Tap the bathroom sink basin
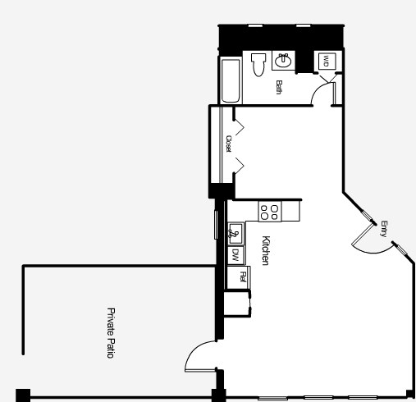pyautogui.click(x=285, y=60)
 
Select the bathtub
pyautogui.click(x=230, y=80)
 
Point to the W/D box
pyautogui.click(x=326, y=62)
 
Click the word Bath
pyautogui.click(x=279, y=87)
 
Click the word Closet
pyautogui.click(x=228, y=144)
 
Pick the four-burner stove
pyautogui.click(x=269, y=211)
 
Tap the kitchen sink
pyautogui.click(x=235, y=232)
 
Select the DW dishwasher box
pyautogui.click(x=235, y=255)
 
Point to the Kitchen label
pyautogui.click(x=266, y=250)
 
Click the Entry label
pyautogui.click(x=383, y=230)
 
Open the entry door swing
pyautogui.click(x=365, y=238)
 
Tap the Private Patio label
pyautogui.click(x=110, y=332)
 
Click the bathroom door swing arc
pyautogui.click(x=323, y=92)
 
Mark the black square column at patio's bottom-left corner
pyautogui.click(x=22, y=395)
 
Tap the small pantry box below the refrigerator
pyautogui.click(x=238, y=302)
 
